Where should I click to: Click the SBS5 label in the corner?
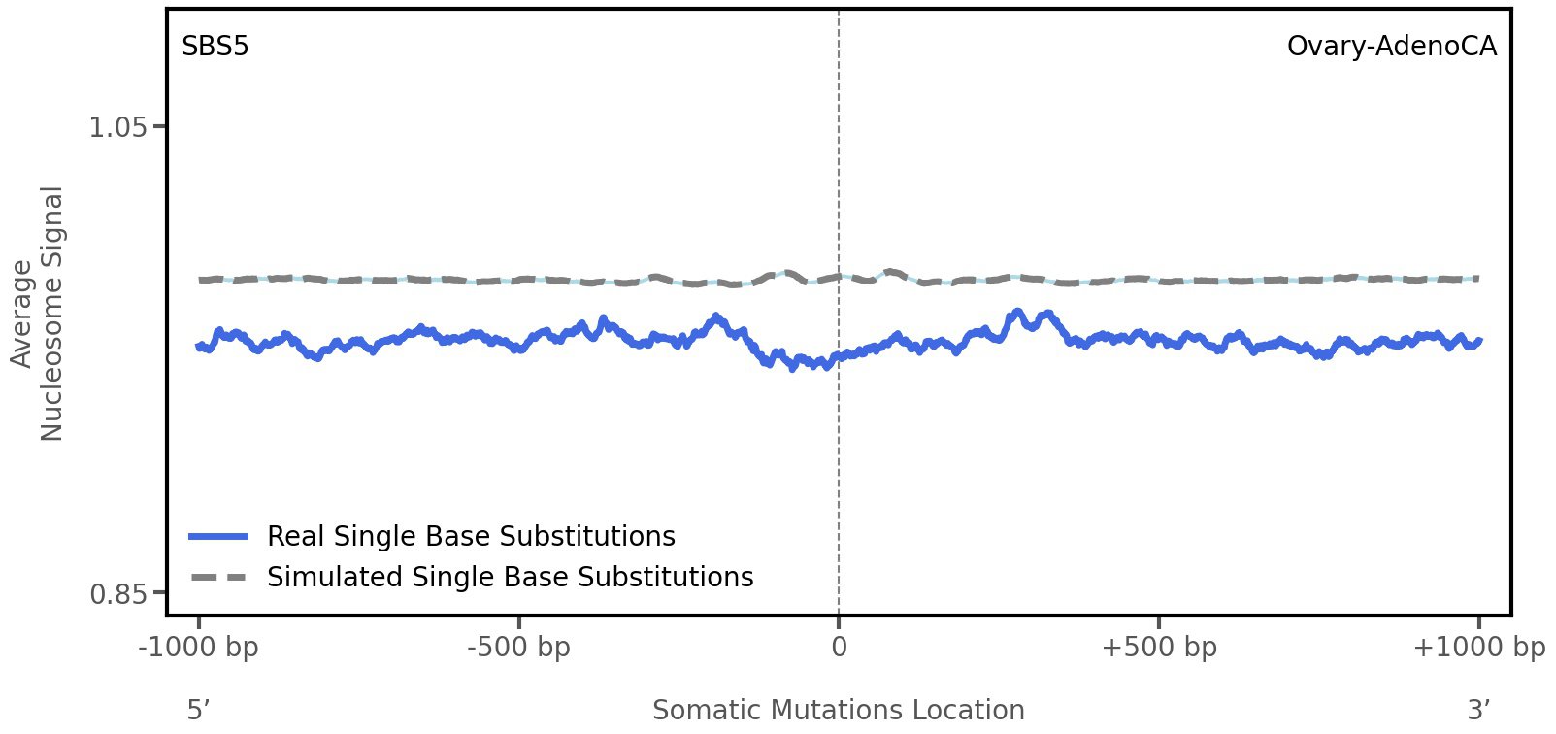pyautogui.click(x=215, y=47)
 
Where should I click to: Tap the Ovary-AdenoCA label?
pyautogui.click(x=1391, y=47)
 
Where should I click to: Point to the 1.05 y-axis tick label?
pyautogui.click(x=117, y=127)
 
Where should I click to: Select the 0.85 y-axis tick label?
pyautogui.click(x=117, y=593)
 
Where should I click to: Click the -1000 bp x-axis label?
pyautogui.click(x=199, y=648)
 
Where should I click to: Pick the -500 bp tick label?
pyautogui.click(x=518, y=648)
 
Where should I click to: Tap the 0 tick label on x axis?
pyautogui.click(x=839, y=648)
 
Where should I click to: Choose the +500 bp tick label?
pyautogui.click(x=1159, y=648)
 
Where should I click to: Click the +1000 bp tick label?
pyautogui.click(x=1478, y=648)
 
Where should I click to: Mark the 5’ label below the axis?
pyautogui.click(x=198, y=711)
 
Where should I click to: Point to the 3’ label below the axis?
pyautogui.click(x=1478, y=711)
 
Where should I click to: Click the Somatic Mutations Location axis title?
pyautogui.click(x=839, y=711)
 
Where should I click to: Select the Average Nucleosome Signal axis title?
pyautogui.click(x=38, y=313)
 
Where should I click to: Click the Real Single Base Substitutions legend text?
pyautogui.click(x=471, y=537)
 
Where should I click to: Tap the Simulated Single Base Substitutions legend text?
pyautogui.click(x=510, y=578)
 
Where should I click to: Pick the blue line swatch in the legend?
pyautogui.click(x=219, y=537)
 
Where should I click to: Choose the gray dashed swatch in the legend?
pyautogui.click(x=219, y=578)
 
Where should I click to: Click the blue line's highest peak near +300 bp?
pyautogui.click(x=1016, y=313)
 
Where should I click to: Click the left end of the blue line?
pyautogui.click(x=199, y=346)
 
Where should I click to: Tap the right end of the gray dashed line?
pyautogui.click(x=1476, y=279)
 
